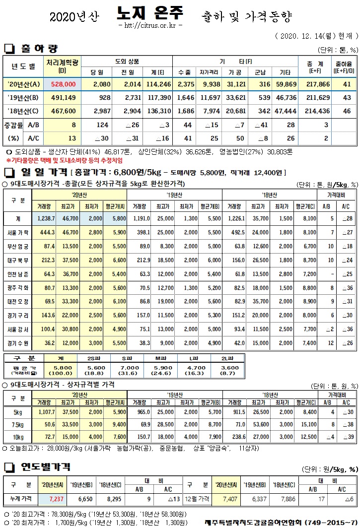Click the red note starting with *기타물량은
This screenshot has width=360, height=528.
[64, 161]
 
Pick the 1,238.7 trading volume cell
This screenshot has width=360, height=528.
[46, 218]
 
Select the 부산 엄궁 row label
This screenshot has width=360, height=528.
[18, 246]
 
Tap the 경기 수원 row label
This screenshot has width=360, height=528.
[18, 342]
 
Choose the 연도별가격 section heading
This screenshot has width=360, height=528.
[45, 467]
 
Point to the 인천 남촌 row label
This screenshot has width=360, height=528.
[18, 273]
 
